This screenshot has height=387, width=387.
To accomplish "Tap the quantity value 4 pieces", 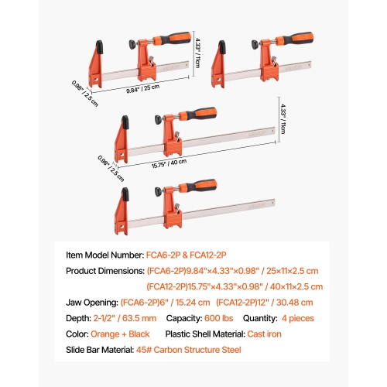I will click(311, 319).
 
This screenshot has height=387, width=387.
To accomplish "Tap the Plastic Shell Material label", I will click(206, 334).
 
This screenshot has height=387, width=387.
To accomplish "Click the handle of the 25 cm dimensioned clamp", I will click(171, 39).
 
